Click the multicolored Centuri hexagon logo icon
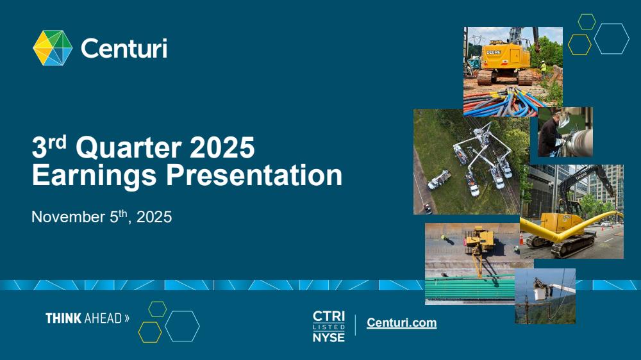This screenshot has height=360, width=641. point(53,48)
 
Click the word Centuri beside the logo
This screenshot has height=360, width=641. point(124,49)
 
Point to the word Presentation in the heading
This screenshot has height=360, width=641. point(254,175)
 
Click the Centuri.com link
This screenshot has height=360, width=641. point(401,322)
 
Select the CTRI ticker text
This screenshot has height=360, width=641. point(329,316)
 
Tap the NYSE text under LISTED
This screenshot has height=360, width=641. point(329,338)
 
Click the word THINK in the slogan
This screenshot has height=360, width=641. point(63,318)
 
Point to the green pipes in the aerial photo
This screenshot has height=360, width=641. point(470,290)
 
